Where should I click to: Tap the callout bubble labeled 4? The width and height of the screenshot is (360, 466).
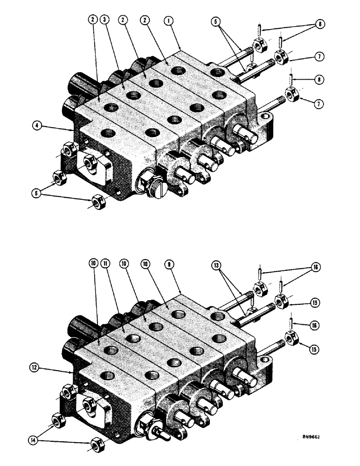click(36, 125)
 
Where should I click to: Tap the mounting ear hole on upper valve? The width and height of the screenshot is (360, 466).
click(268, 115)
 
